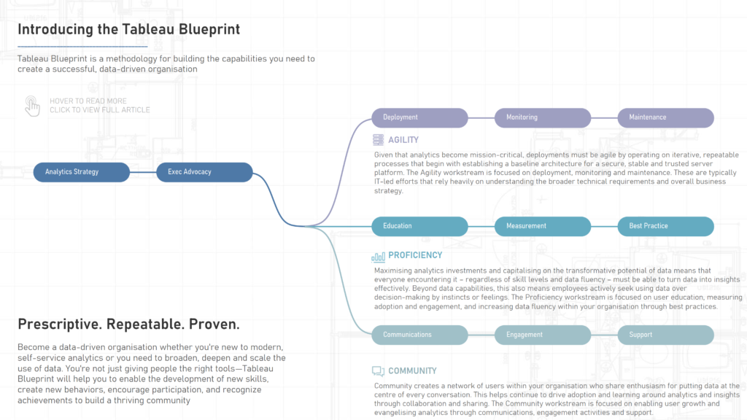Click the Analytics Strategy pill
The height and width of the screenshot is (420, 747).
coord(82,172)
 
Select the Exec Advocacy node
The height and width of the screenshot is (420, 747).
coord(204,172)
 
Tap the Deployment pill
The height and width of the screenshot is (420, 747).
coord(419,117)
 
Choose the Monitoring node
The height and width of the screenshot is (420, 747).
coord(543,117)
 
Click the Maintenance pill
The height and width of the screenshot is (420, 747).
coord(665,117)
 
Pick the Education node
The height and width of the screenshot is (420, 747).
coord(419,226)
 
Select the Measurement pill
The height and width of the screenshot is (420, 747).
coord(543,226)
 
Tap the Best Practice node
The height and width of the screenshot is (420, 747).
coord(665,226)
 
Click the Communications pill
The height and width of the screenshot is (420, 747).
coord(419,335)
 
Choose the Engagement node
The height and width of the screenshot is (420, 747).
coord(543,335)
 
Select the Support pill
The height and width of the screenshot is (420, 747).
coord(665,335)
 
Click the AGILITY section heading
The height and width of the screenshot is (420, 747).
coord(403,140)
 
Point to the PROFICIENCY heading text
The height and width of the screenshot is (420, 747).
coord(415,255)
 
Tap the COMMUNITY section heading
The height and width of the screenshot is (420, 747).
coord(412,371)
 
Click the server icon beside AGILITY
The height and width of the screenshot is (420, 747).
coord(379,139)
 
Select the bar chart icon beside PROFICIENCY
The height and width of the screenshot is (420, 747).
coord(379,257)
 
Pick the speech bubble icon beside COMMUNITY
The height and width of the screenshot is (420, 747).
coord(379,371)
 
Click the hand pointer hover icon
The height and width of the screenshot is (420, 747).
coord(32,106)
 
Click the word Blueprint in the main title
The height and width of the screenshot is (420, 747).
coord(209,29)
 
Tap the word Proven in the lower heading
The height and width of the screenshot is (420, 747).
coord(214,324)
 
